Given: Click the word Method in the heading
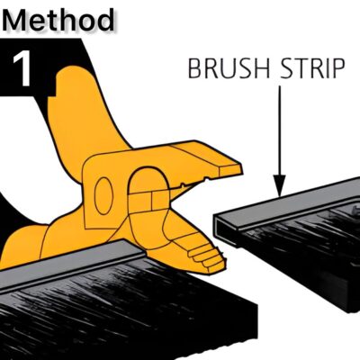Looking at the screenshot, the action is click(x=58, y=20).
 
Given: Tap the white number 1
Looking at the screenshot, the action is click(x=22, y=68).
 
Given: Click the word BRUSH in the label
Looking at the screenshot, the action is click(x=229, y=68).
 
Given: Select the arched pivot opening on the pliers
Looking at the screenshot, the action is click(x=148, y=189).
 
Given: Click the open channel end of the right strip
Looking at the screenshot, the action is click(x=223, y=229).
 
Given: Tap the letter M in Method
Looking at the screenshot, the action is click(x=15, y=21).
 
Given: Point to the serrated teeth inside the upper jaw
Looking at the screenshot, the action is click(x=195, y=182).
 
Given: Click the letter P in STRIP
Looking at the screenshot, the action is click(x=337, y=68).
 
